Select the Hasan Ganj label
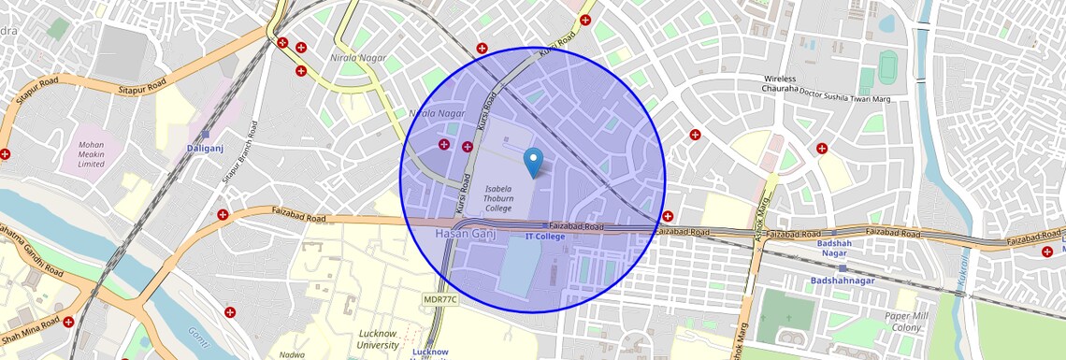click(465, 233)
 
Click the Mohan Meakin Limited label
click(91, 154)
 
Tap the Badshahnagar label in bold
click(842, 281)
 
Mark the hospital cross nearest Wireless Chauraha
click(694, 135)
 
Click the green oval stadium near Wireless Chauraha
click(887, 66)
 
